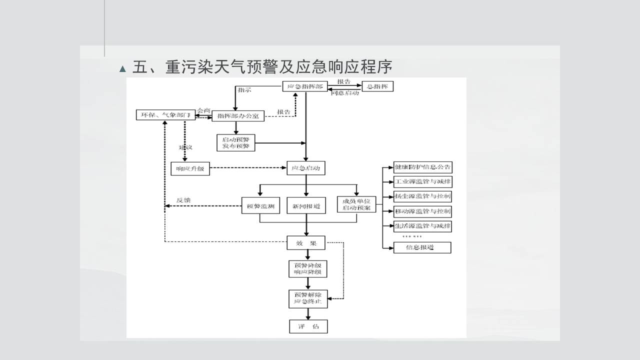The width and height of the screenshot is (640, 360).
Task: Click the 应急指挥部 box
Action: click(x=305, y=86)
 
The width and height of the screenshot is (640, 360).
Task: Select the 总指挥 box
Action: click(x=377, y=86)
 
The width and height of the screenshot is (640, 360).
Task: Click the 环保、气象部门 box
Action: click(x=165, y=115)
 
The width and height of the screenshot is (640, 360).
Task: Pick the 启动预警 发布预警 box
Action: click(x=235, y=142)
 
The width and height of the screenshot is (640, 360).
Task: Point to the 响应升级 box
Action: click(x=190, y=168)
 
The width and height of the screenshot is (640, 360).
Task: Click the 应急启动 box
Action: click(x=306, y=168)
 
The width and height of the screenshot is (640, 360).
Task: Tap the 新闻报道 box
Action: click(x=306, y=205)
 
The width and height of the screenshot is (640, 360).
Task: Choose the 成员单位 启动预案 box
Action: click(x=356, y=205)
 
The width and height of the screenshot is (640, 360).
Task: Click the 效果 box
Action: click(x=306, y=243)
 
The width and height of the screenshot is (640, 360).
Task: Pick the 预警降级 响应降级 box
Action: click(x=307, y=269)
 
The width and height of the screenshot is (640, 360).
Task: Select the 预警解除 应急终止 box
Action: click(x=308, y=298)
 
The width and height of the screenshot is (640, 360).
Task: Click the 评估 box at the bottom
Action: click(x=308, y=326)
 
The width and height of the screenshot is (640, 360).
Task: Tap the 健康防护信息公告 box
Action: click(x=422, y=167)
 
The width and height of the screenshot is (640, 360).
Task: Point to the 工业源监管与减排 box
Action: click(x=422, y=181)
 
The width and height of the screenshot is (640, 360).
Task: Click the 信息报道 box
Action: click(x=422, y=247)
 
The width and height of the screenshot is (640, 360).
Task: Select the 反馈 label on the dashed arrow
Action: click(x=183, y=200)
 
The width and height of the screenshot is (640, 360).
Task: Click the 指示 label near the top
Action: click(x=244, y=90)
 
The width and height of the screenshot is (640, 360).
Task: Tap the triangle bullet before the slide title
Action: click(x=123, y=69)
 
